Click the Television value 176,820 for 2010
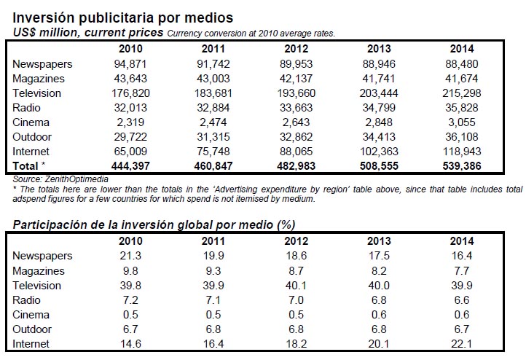(131, 93)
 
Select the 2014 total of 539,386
(462, 165)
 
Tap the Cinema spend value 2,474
(213, 122)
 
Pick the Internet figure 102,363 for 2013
(379, 152)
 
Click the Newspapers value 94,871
(131, 63)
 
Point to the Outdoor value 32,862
(297, 136)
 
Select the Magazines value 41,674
(462, 79)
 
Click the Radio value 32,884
(213, 108)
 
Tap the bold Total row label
(25, 165)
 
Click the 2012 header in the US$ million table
(297, 49)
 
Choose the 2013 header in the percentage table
(379, 241)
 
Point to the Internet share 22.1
(462, 343)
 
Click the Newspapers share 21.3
(131, 256)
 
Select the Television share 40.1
(297, 285)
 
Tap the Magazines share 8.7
(297, 270)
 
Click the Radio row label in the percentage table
(26, 300)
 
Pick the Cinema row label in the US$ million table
(31, 122)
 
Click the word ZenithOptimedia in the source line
(76, 179)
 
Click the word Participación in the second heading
(50, 224)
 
